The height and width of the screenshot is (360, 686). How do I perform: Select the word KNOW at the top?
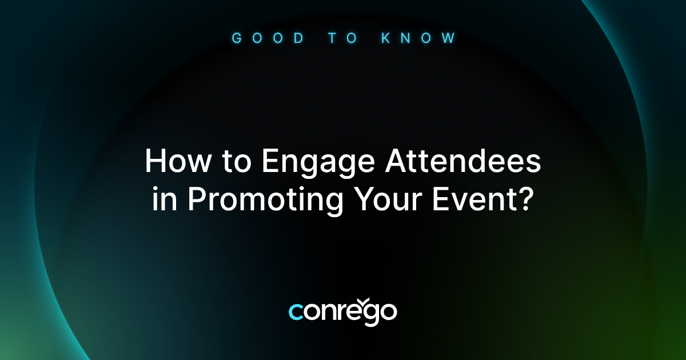(418, 38)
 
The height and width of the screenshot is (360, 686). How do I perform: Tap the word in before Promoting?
(165, 201)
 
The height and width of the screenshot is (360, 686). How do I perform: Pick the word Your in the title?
(388, 201)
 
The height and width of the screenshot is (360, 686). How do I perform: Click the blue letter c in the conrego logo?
(296, 312)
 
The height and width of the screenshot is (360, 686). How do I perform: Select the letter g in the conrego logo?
(371, 314)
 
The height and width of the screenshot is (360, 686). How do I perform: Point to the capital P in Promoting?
(197, 201)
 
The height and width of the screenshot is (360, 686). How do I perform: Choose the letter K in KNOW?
(387, 38)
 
